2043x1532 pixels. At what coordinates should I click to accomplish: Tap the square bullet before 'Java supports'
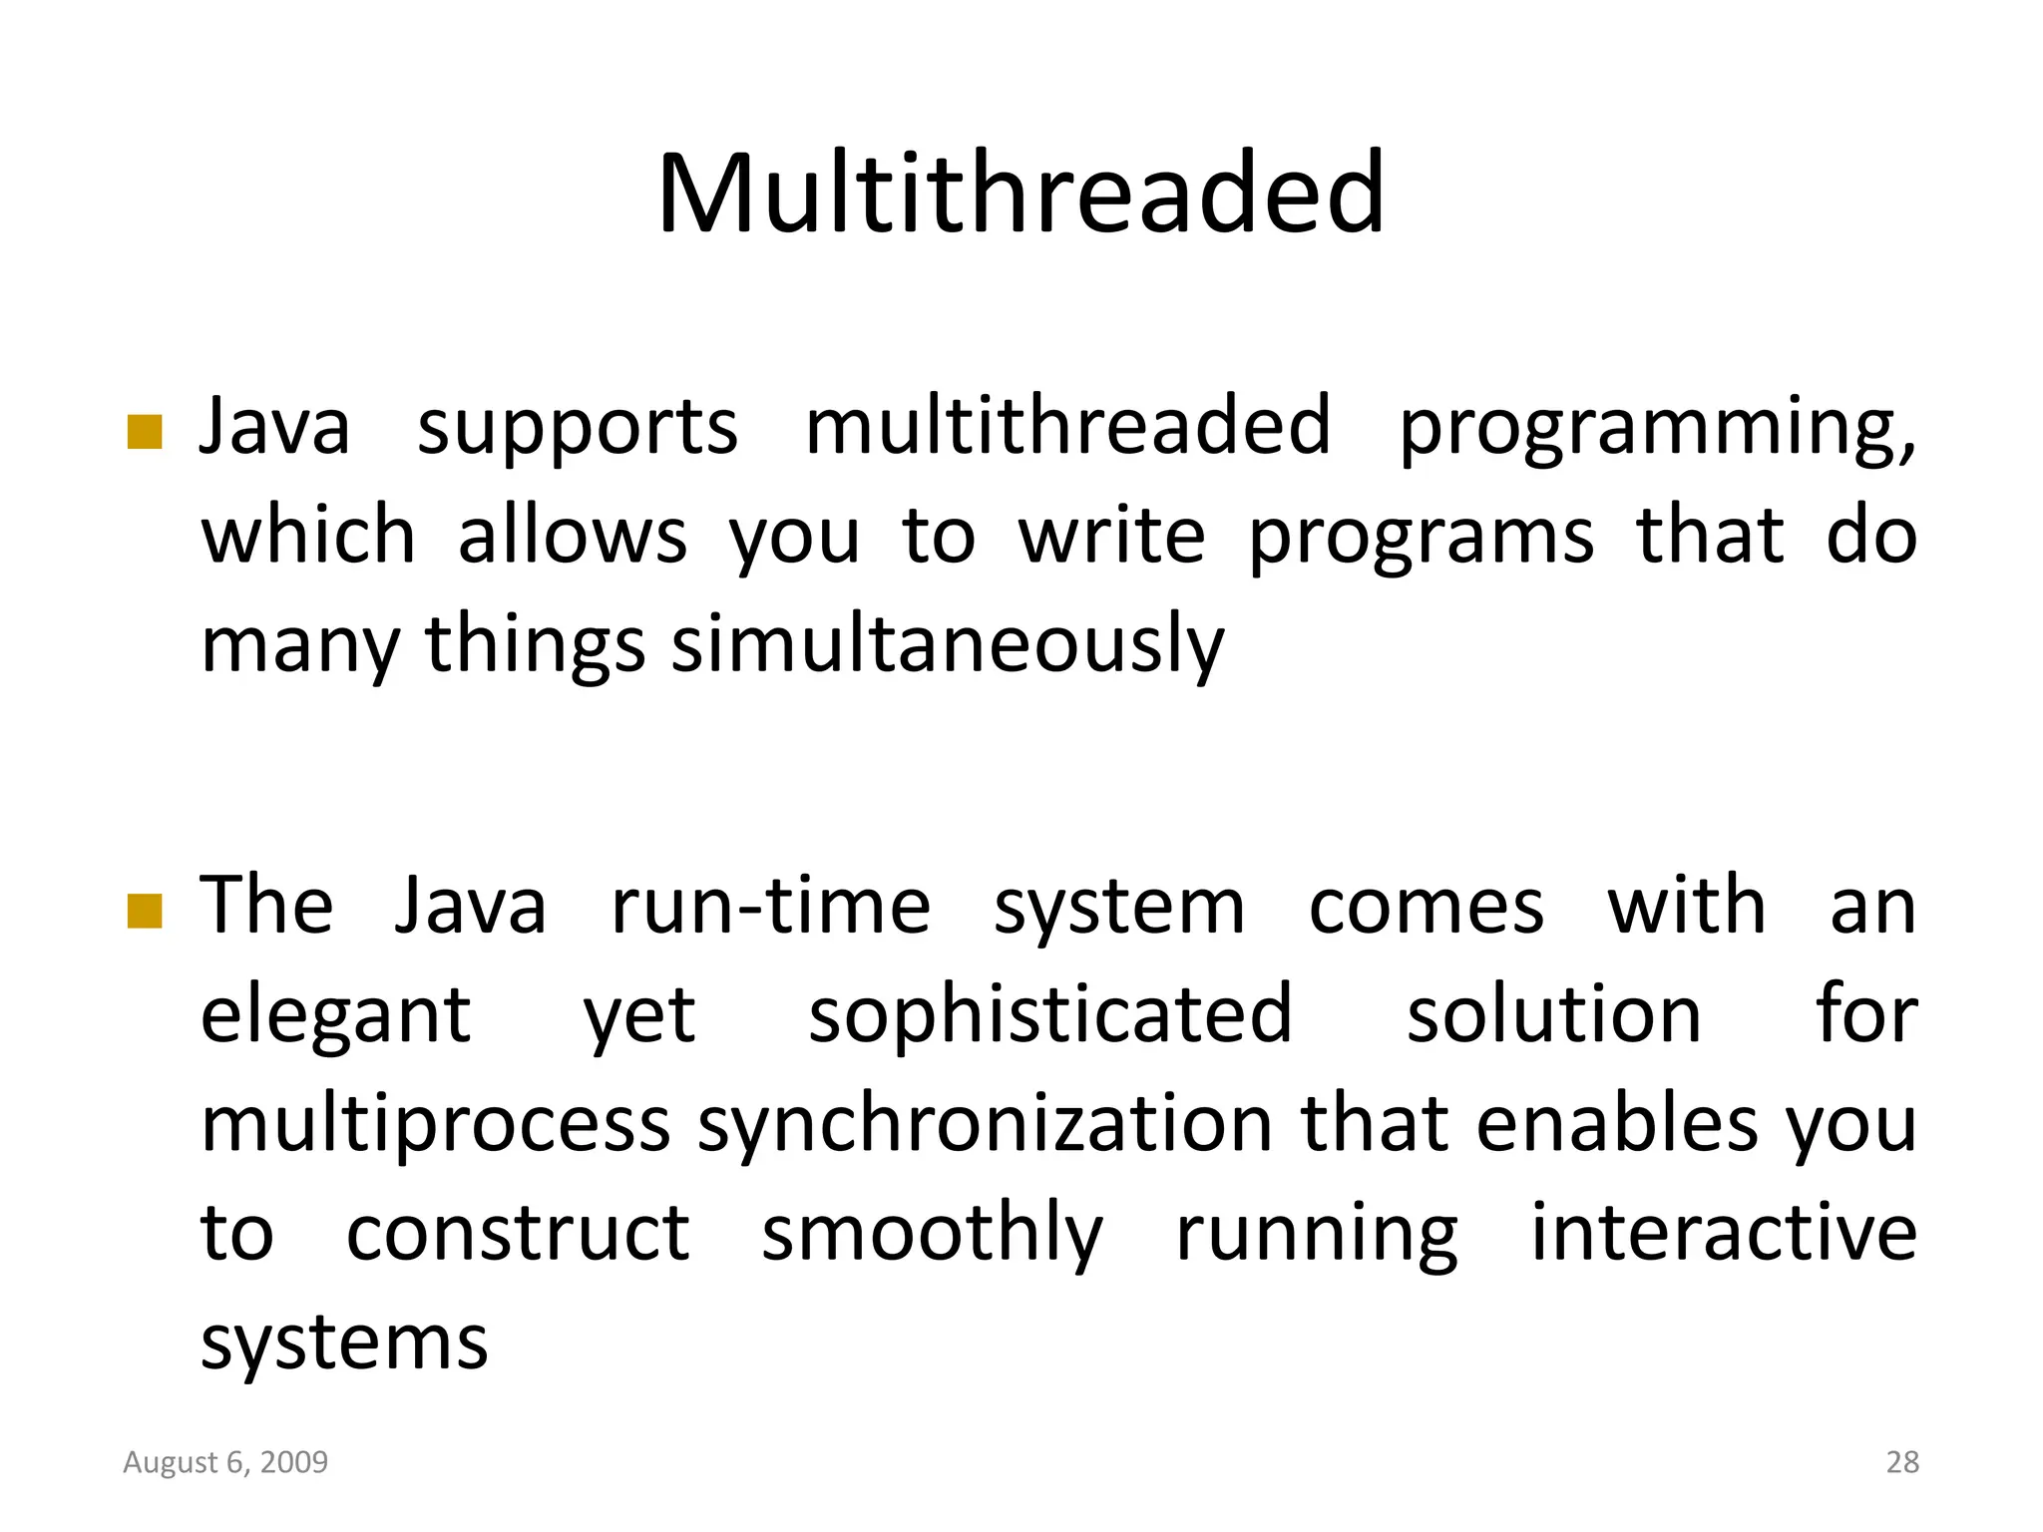[145, 432]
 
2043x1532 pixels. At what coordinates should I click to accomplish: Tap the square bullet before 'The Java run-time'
[145, 910]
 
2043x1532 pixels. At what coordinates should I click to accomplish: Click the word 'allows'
[572, 537]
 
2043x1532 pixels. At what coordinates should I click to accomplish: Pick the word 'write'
[1111, 537]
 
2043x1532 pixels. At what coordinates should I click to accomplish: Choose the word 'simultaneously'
[947, 646]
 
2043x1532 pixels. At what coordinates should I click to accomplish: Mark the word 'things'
[536, 646]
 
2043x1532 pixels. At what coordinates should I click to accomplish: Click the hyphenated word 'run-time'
[770, 906]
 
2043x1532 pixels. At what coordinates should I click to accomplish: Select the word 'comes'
[1427, 906]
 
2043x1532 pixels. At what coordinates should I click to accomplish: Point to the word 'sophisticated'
[1050, 1015]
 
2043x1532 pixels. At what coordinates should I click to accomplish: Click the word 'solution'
[1553, 1015]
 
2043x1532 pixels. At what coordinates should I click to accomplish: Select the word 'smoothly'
[932, 1235]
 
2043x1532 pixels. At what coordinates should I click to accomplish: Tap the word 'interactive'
[1723, 1233]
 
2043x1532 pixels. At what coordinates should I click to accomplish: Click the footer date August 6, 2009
[225, 1462]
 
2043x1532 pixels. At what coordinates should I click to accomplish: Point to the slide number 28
[1902, 1462]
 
